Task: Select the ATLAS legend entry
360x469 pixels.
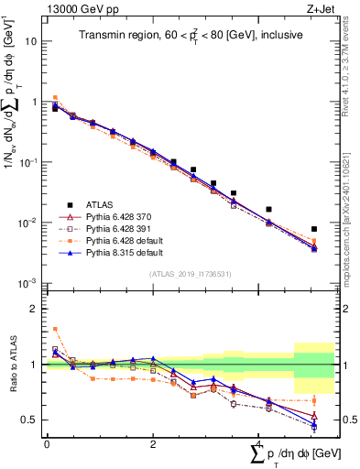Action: (106, 204)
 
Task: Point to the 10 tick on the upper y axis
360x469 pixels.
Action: (32, 41)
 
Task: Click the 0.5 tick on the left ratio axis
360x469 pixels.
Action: (29, 420)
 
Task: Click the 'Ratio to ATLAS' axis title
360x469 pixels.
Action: (11, 364)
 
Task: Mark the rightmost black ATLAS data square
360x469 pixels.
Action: (314, 229)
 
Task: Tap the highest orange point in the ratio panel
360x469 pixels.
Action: (55, 329)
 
